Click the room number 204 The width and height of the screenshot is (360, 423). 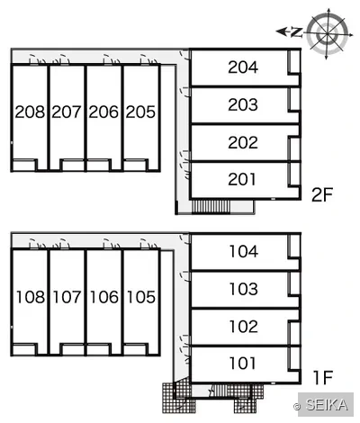243,67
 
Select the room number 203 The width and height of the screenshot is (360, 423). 243,104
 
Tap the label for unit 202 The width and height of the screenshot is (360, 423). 243,142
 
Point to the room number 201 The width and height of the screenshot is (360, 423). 242,179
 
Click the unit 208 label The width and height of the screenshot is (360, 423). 30,112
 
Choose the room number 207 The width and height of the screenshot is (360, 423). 67,112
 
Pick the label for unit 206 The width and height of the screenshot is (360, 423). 103,112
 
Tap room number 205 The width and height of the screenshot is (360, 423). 140,112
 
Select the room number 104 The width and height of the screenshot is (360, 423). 244,251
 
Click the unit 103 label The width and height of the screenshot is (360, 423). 244,289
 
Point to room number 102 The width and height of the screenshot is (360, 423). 244,327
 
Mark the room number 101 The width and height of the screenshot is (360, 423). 242,363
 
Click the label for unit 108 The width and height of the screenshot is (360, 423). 31,297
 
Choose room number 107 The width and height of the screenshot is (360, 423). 67,297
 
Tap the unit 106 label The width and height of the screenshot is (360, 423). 104,297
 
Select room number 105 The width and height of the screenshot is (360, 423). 141,297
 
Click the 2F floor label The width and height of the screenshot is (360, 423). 322,195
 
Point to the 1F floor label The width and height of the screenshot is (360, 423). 323,378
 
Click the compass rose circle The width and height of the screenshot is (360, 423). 328,32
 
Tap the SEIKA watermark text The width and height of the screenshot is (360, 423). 327,405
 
